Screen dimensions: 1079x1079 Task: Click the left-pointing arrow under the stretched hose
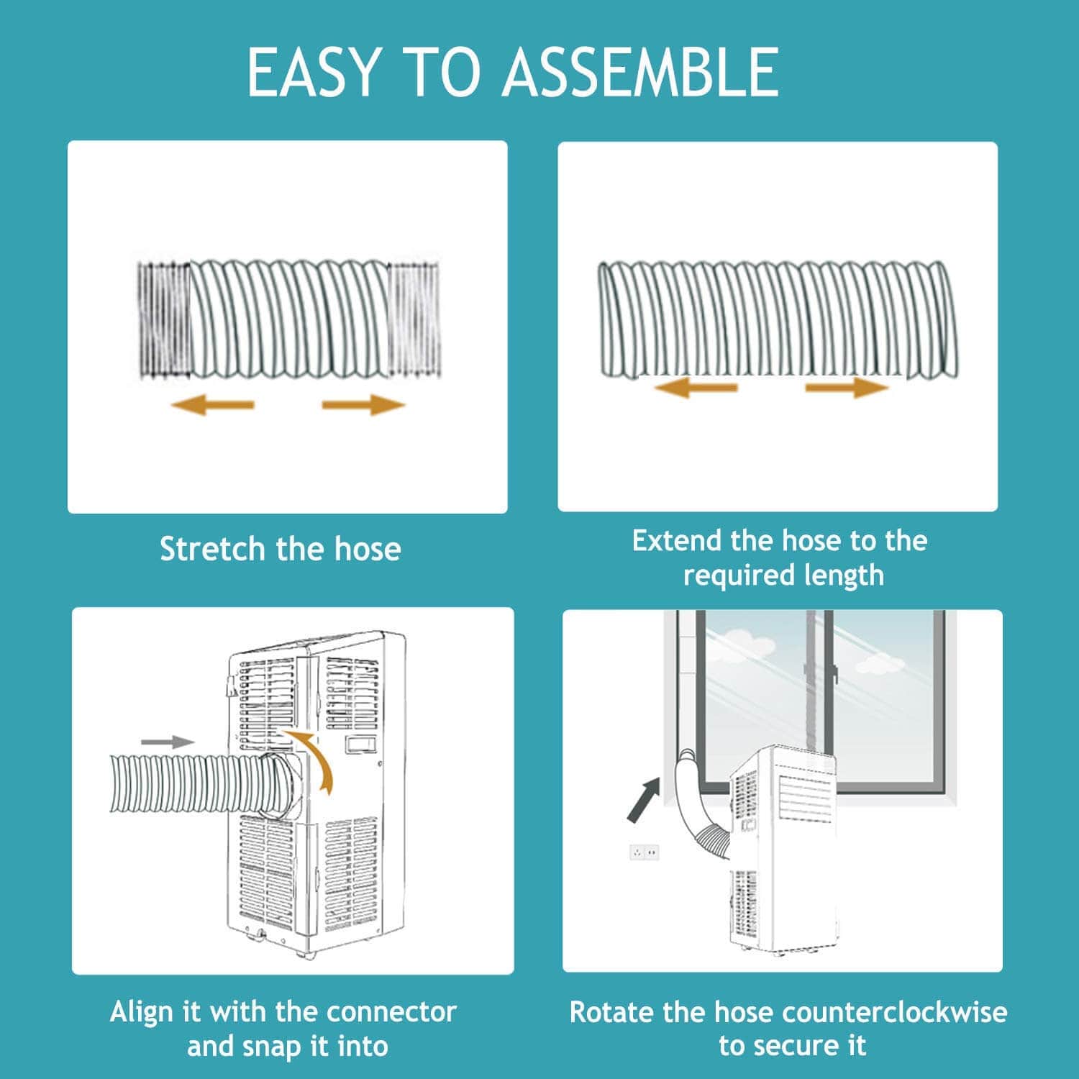212,405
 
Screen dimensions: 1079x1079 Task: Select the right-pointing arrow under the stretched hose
364,405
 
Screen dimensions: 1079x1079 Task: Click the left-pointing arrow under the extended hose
696,388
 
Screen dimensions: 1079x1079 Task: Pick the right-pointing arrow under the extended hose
847,388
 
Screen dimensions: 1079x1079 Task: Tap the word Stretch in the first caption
212,550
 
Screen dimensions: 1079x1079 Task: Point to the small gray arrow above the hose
167,742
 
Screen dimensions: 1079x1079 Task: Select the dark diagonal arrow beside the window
642,800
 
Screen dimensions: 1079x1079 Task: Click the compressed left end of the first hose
164,320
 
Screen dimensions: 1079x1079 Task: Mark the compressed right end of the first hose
414,320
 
